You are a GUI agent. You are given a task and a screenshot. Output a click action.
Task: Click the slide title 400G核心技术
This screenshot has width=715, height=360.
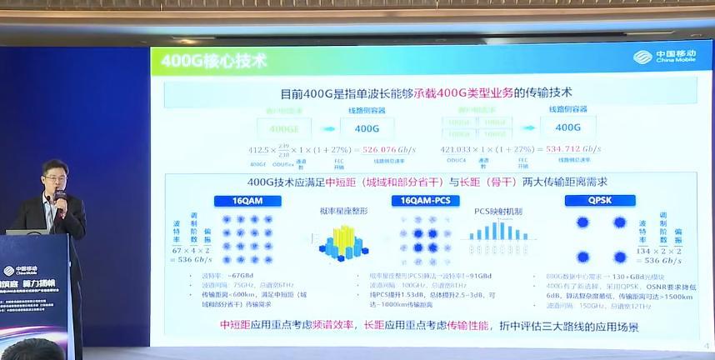(212, 61)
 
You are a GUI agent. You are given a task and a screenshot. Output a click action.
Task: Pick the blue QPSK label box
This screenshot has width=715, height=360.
(598, 201)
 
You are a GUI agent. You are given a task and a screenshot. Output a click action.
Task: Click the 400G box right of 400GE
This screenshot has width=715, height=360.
(367, 128)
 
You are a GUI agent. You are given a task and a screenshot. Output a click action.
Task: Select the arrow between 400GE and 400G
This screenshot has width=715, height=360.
(327, 128)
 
